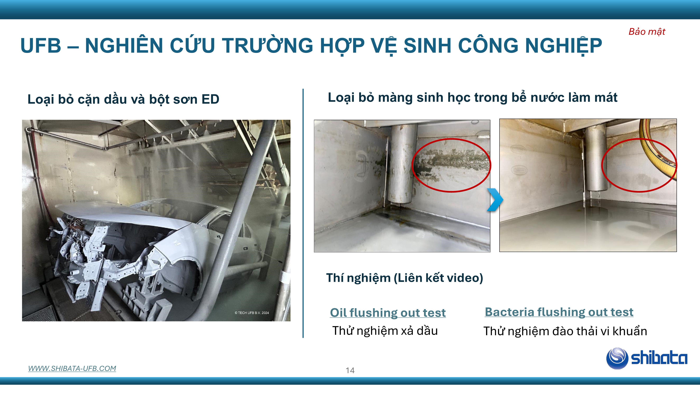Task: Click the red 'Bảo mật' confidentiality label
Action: [647, 32]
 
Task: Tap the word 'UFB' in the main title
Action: [41, 45]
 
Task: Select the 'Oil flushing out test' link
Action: [388, 313]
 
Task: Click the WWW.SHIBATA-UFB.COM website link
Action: [72, 368]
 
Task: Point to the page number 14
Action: [350, 370]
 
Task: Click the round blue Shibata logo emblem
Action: [617, 358]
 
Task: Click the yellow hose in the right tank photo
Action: [658, 152]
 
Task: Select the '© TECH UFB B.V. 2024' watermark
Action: [252, 313]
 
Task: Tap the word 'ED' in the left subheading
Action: [210, 99]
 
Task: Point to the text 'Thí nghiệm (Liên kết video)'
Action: [405, 278]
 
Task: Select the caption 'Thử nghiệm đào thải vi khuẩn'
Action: [565, 331]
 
